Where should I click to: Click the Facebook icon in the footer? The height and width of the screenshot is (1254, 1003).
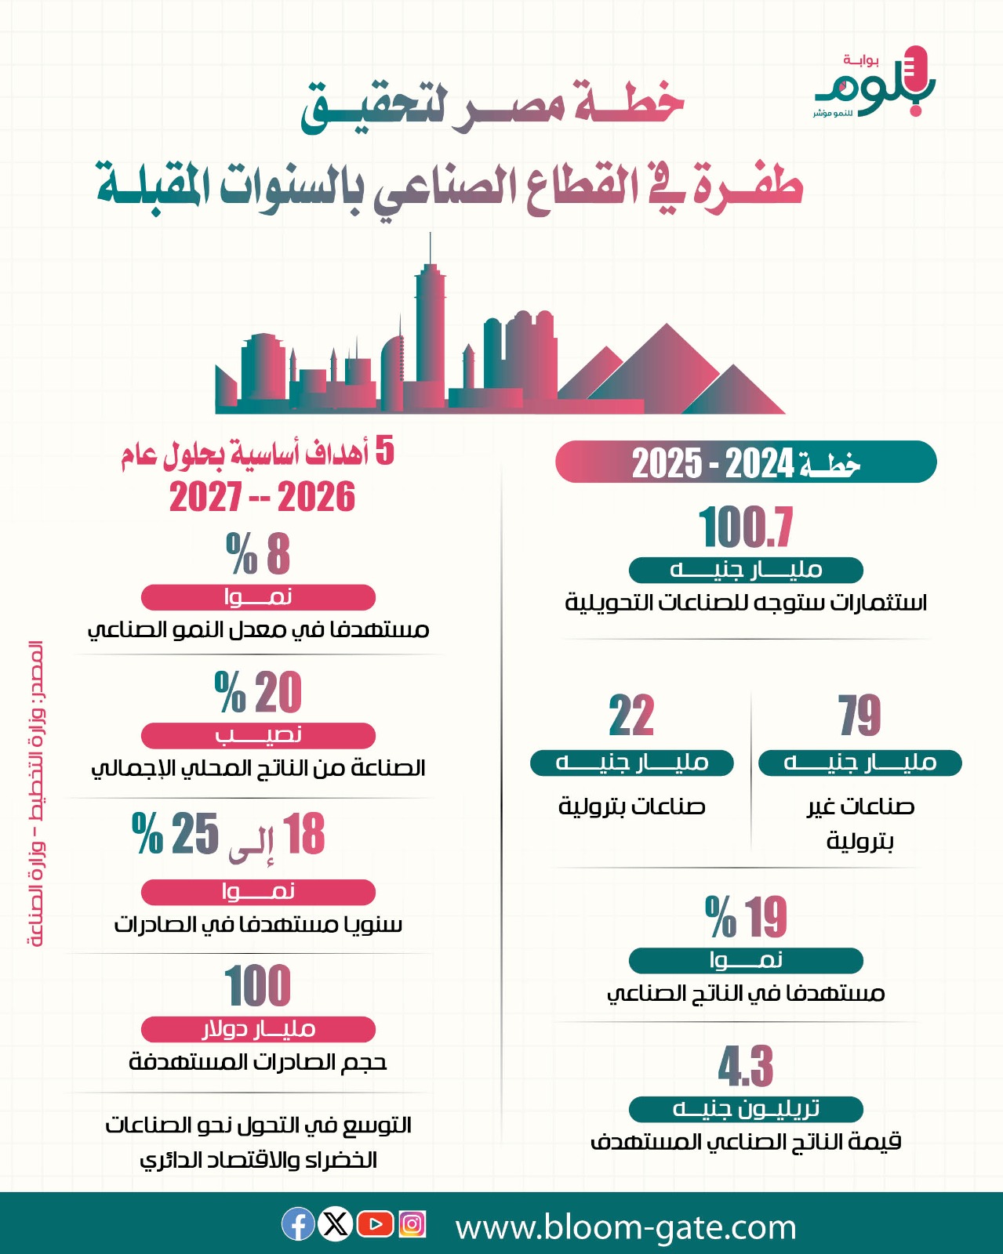pyautogui.click(x=298, y=1223)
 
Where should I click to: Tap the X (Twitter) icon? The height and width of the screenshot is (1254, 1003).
pyautogui.click(x=336, y=1223)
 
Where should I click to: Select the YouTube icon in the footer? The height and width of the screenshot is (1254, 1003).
pyautogui.click(x=375, y=1223)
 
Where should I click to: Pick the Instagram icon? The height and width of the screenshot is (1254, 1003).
pyautogui.click(x=412, y=1223)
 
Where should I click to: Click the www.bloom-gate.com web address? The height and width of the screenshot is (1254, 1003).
pyautogui.click(x=626, y=1227)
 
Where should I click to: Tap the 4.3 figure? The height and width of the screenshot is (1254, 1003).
pyautogui.click(x=746, y=1066)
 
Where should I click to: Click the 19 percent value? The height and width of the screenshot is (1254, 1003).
pyautogui.click(x=746, y=916)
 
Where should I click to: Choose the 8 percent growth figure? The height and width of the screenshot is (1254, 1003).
pyautogui.click(x=258, y=553)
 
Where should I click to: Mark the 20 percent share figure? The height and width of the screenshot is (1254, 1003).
pyautogui.click(x=258, y=691)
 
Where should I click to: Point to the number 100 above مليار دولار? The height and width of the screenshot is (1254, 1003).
pyautogui.click(x=258, y=985)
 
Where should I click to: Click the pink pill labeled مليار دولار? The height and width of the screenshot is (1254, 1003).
pyautogui.click(x=258, y=1029)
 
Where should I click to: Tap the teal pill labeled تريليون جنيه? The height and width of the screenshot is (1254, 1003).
pyautogui.click(x=746, y=1109)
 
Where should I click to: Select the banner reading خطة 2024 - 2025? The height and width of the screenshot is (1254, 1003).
pyautogui.click(x=746, y=462)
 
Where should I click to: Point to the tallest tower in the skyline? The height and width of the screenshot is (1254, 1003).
pyautogui.click(x=431, y=321)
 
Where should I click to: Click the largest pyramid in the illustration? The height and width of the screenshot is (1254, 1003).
pyautogui.click(x=667, y=368)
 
